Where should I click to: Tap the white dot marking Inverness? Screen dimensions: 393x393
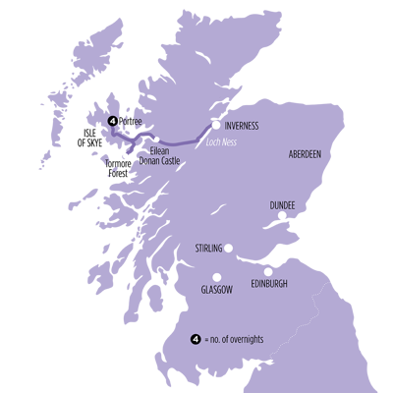pyautogui.click(x=215, y=125)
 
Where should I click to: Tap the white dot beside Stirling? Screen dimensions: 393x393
pyautogui.click(x=230, y=248)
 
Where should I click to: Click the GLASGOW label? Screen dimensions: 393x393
pyautogui.click(x=217, y=292)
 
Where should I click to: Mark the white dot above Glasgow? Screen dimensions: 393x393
pyautogui.click(x=216, y=277)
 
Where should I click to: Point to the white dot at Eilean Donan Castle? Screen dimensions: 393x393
pyautogui.click(x=156, y=139)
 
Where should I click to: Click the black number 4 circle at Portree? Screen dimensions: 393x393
pyautogui.click(x=113, y=121)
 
